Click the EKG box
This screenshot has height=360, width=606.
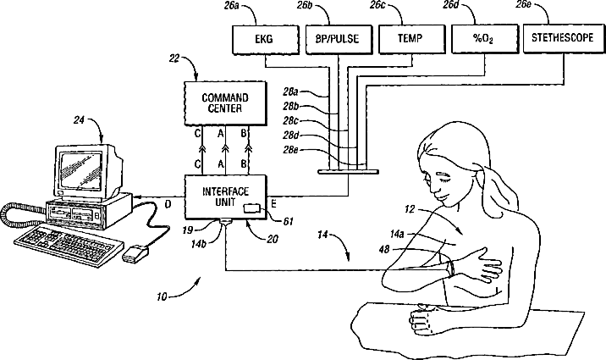(x=266, y=39)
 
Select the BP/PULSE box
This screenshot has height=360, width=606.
(x=339, y=39)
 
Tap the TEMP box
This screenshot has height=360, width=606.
(x=410, y=39)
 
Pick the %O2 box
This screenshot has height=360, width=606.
(x=485, y=38)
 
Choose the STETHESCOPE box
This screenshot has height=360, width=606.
(x=562, y=38)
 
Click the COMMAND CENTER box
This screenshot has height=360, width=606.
(x=225, y=103)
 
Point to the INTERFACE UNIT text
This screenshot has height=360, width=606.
(x=225, y=197)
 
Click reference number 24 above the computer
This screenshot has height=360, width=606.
(x=79, y=120)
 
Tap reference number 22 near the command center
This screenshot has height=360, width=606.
(x=174, y=58)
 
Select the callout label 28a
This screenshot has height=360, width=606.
(x=290, y=92)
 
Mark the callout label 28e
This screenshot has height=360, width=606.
(x=290, y=150)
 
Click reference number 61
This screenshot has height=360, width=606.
(x=288, y=222)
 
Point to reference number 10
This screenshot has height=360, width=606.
(x=162, y=297)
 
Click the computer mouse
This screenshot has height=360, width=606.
(x=135, y=254)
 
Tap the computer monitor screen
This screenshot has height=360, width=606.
(x=80, y=170)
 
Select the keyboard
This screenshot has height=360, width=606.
(x=69, y=246)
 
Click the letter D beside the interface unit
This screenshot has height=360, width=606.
(x=168, y=204)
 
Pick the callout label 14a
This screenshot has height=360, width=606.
(x=397, y=234)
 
